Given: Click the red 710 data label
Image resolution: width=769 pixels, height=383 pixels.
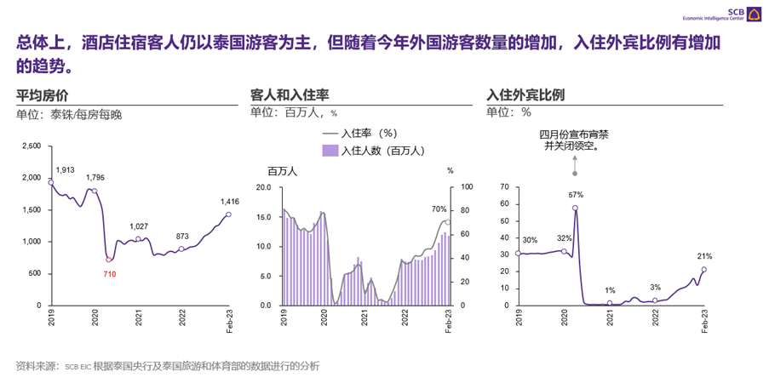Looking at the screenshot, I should (110, 274).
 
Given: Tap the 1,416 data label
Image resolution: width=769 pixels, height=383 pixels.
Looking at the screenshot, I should (230, 201).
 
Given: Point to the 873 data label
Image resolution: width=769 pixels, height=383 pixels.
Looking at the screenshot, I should (182, 236).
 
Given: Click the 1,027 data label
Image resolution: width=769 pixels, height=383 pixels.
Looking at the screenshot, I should (140, 226).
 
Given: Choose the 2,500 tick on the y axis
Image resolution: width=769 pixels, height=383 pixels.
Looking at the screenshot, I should (31, 146).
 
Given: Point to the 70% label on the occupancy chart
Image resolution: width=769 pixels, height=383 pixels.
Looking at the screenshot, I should (439, 209).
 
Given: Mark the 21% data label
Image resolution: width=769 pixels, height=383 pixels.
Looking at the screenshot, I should (705, 255).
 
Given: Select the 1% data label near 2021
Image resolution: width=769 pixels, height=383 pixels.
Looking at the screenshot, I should (610, 291).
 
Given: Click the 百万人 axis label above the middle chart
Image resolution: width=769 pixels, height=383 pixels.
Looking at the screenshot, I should (276, 171).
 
